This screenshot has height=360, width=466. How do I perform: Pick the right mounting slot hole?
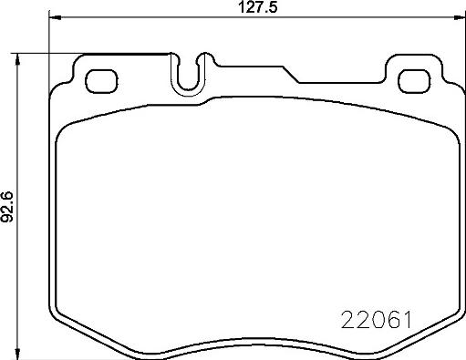point(413,79)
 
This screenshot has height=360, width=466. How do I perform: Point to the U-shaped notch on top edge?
point(189,77)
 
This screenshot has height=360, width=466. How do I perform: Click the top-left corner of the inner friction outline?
point(64,128)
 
